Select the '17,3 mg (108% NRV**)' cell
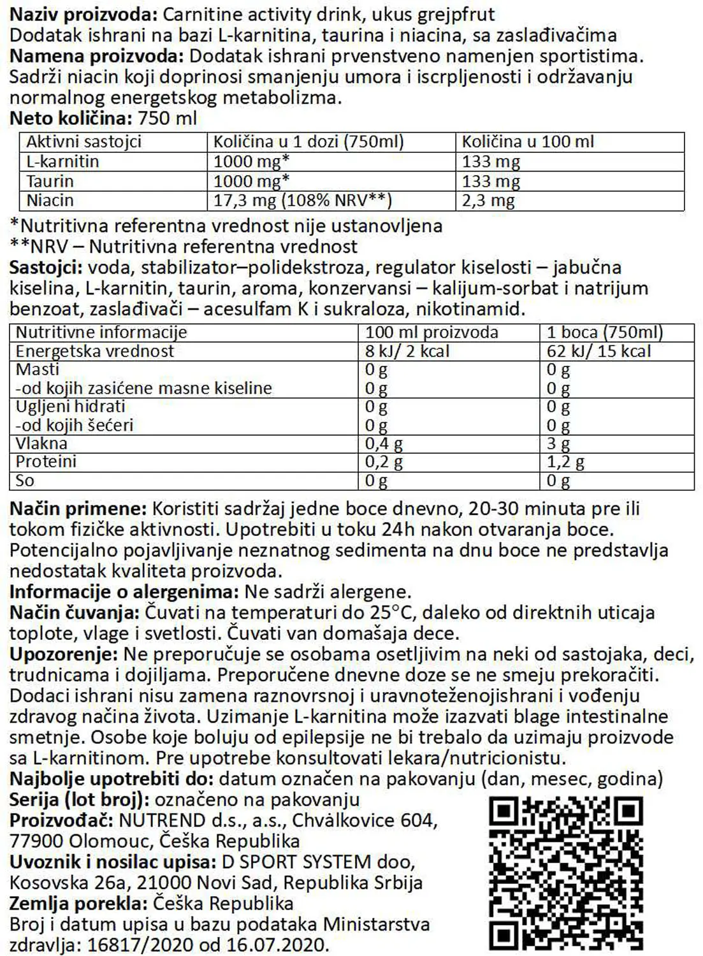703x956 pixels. (302, 201)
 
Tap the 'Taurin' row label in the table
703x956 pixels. (50, 181)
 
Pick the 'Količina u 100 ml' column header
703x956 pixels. (528, 141)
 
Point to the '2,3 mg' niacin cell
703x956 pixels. (488, 201)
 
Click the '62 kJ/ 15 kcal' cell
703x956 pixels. (598, 351)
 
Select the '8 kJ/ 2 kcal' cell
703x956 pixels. (407, 351)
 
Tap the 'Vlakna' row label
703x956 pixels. (41, 444)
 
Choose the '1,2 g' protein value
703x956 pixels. (565, 462)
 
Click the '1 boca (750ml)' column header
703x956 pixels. (604, 332)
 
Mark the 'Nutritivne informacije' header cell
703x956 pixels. (101, 332)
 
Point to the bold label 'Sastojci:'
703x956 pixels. (46, 268)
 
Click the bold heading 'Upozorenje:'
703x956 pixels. (64, 655)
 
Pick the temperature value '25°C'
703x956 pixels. (392, 613)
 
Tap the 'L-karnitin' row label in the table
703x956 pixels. (62, 161)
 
